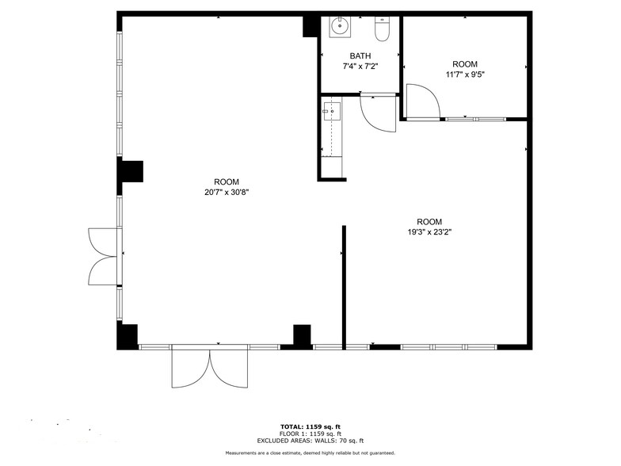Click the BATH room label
[x=360, y=56]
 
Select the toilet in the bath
[x=383, y=29]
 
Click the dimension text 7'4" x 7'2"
[x=360, y=67]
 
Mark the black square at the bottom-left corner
[x=128, y=335]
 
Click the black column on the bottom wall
[x=301, y=335]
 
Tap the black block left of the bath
[x=310, y=25]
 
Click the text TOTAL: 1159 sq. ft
[x=310, y=426]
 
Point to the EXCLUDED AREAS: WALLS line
[x=310, y=440]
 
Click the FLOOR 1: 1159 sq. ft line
[x=310, y=433]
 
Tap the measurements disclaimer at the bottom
[x=310, y=453]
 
